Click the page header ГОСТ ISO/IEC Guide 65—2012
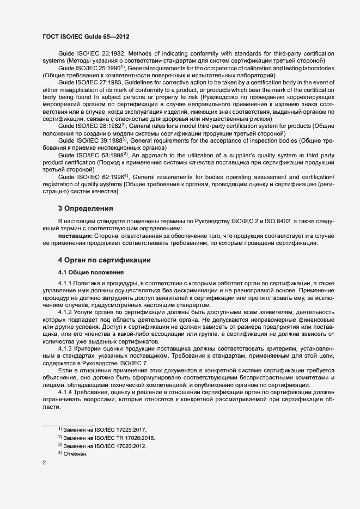[86, 37]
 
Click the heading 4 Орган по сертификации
[105, 260]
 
